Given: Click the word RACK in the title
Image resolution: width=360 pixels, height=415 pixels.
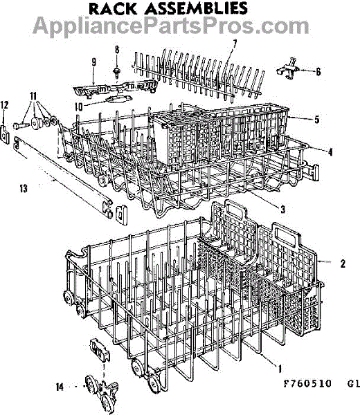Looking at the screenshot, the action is tap(113, 8).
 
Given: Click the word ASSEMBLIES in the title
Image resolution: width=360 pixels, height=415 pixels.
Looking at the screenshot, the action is tap(196, 8).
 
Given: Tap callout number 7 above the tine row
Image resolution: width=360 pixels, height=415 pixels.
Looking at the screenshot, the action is tap(234, 44).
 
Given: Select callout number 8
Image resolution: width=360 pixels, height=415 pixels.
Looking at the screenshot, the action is tap(117, 50).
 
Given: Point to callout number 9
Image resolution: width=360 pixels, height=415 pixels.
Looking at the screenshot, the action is tap(93, 62).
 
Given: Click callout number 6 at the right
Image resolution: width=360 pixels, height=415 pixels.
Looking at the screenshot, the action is tap(318, 71).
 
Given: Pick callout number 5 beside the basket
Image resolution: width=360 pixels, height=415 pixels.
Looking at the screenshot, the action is tap(316, 120).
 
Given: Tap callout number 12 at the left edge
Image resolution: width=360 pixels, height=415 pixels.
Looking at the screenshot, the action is tap(4, 105).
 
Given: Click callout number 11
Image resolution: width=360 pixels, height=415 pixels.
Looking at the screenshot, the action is tap(33, 96).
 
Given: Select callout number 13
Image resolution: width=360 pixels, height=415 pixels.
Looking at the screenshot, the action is tap(24, 188).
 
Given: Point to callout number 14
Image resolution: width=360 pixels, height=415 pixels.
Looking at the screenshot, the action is tap(60, 387).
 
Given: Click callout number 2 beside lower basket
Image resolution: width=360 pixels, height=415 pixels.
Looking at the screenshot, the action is tap(343, 264).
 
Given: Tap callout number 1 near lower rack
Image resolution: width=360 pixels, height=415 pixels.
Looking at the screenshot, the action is tap(280, 369).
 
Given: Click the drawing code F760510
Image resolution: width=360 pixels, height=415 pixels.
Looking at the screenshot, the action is tap(307, 383).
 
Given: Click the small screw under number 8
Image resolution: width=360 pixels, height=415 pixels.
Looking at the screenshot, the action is tap(116, 72).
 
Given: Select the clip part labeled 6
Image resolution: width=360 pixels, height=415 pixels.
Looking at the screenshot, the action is tap(288, 69).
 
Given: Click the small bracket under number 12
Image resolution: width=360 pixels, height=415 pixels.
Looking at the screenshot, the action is tap(5, 134).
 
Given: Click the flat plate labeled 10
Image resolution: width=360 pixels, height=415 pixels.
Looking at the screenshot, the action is tap(118, 100).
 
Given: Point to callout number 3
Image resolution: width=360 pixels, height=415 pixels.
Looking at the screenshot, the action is tap(282, 210).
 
